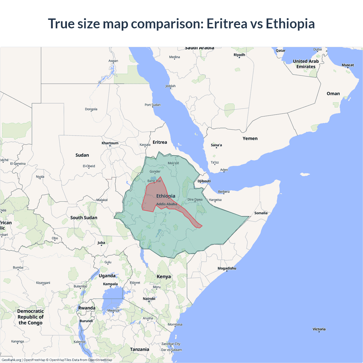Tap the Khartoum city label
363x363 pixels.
(x=110, y=143)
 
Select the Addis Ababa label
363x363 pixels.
(x=167, y=204)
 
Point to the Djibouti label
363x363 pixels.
(x=204, y=181)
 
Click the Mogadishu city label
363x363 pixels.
(x=227, y=268)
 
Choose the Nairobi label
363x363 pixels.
(x=149, y=299)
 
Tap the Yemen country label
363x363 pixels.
(x=250, y=138)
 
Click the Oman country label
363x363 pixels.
(x=333, y=94)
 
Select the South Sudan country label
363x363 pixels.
(x=84, y=218)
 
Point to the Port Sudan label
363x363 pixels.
(x=153, y=105)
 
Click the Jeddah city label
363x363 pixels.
(x=170, y=86)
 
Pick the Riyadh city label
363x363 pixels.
(x=239, y=55)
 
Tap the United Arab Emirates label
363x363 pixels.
(x=306, y=64)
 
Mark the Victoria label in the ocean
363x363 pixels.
(x=319, y=329)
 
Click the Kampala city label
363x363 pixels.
(x=110, y=284)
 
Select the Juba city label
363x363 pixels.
(x=101, y=242)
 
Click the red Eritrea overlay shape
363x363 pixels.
(x=150, y=199)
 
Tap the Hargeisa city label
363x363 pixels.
(x=215, y=200)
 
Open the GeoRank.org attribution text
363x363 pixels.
(x=11, y=360)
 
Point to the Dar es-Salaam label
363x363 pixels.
(x=172, y=350)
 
